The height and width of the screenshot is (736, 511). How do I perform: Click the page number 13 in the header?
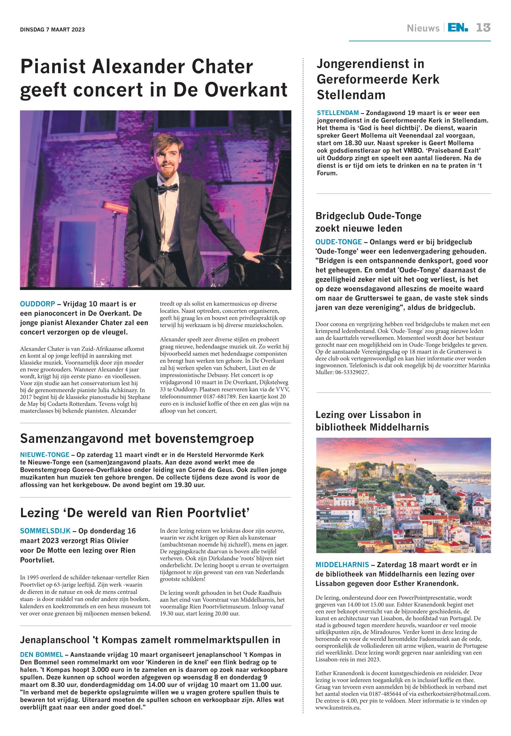coord(483,28)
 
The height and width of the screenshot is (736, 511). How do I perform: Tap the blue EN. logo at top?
coord(458,28)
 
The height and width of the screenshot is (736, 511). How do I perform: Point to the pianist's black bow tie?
coord(168,188)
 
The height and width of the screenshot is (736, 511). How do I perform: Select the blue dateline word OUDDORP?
coord(37,304)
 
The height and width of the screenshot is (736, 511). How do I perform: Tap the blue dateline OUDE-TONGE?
coord(338,242)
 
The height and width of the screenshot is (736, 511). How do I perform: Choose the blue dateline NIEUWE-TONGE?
coord(45,455)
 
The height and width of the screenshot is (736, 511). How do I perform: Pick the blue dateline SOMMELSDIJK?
coord(45,531)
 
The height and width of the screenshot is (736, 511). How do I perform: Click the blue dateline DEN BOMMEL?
coord(41,654)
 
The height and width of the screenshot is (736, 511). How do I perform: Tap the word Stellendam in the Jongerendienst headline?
coord(351,95)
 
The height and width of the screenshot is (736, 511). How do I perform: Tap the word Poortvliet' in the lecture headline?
coord(218,513)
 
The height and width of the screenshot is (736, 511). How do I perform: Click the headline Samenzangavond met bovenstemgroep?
coord(137,439)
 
